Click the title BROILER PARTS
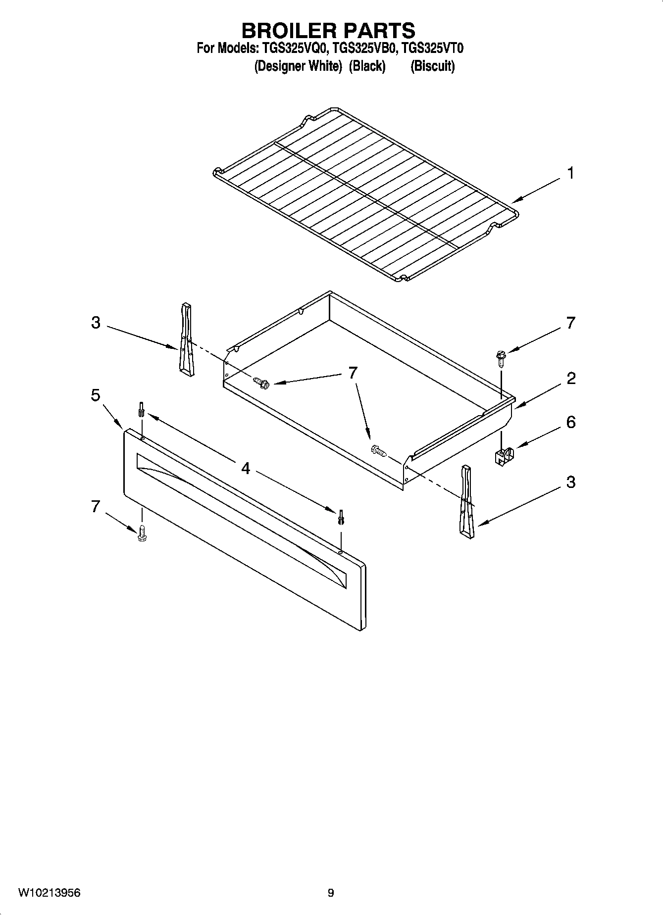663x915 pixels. pos(328,31)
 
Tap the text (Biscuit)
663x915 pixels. pos(432,66)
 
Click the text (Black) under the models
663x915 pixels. pos(367,66)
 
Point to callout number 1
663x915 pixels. pos(570,173)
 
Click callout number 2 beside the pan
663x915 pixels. pos(570,379)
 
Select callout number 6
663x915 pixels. pos(570,422)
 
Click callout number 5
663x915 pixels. pos(96,395)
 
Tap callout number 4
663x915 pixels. pos(246,468)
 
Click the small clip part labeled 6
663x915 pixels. pos(504,456)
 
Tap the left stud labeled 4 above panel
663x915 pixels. pos(142,410)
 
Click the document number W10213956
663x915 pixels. pos(49,893)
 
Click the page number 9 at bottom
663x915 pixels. pos(331,893)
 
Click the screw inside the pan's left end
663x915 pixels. pos(260,382)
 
